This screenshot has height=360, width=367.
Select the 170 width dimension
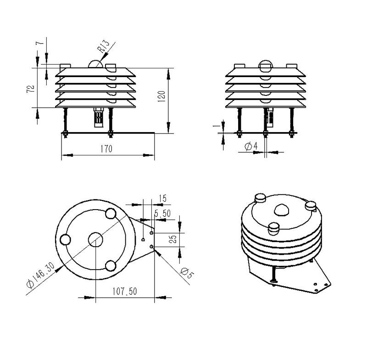pos(106,149)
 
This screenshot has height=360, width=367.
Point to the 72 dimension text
pos(29,89)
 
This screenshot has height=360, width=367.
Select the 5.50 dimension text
pos(162,213)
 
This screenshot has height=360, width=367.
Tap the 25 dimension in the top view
pos(173,239)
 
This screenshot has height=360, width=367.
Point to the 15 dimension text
pos(162,199)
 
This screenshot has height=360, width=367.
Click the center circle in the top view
pos(95,239)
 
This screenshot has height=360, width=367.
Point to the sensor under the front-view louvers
pos(98,117)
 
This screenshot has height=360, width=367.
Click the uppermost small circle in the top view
pos(110,213)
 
